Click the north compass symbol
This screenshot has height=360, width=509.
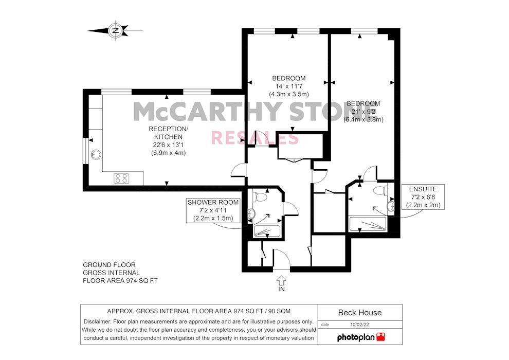click(115, 30)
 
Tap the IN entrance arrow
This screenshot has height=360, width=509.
click(281, 281)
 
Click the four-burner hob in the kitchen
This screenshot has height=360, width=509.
click(122, 178)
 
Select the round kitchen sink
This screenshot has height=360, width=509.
click(96, 154)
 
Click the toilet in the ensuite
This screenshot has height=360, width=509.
click(379, 191)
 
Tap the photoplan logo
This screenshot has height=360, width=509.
click(360, 337)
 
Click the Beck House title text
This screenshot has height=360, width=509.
click(360, 312)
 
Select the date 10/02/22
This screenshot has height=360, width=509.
click(360, 325)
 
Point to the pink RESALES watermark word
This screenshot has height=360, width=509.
click(255, 138)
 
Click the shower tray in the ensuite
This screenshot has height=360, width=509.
click(367, 224)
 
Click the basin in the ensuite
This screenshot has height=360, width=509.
click(391, 206)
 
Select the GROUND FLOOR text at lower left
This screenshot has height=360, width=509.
click(109, 265)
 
